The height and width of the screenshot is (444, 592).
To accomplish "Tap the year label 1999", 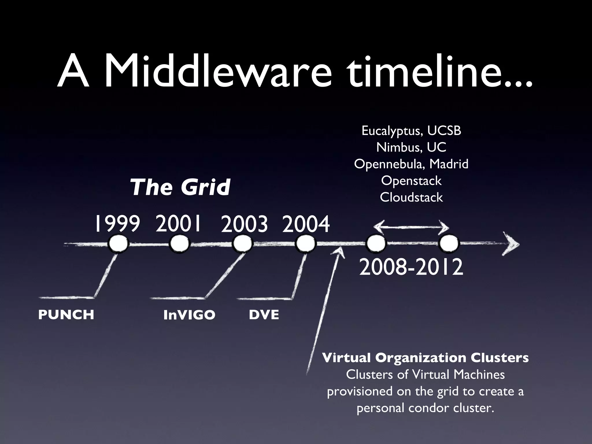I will pyautogui.click(x=117, y=224).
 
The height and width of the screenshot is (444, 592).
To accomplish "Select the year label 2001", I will pyautogui.click(x=178, y=224).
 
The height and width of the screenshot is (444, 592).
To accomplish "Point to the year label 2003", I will pyautogui.click(x=244, y=225).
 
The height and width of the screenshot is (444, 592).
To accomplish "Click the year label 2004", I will pyautogui.click(x=306, y=225).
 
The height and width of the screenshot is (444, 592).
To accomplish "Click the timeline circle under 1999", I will pyautogui.click(x=118, y=244).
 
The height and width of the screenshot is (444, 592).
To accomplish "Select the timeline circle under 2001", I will pyautogui.click(x=179, y=244).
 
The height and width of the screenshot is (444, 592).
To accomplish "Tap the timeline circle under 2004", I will pyautogui.click(x=305, y=244).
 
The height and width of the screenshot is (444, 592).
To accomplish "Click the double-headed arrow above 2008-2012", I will pyautogui.click(x=411, y=228).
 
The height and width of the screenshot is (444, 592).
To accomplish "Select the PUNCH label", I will pyautogui.click(x=66, y=315).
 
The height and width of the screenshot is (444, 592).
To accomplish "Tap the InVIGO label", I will pyautogui.click(x=189, y=315).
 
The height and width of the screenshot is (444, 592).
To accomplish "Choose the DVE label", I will pyautogui.click(x=264, y=315).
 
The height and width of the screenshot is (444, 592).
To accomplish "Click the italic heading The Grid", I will pyautogui.click(x=180, y=187).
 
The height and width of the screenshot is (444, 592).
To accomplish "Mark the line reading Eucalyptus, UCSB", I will pyautogui.click(x=411, y=131).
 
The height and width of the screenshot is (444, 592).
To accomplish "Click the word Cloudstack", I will pyautogui.click(x=411, y=197).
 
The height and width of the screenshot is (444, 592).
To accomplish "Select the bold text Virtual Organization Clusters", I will pyautogui.click(x=425, y=358).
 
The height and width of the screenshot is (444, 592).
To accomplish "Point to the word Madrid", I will pyautogui.click(x=449, y=164).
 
